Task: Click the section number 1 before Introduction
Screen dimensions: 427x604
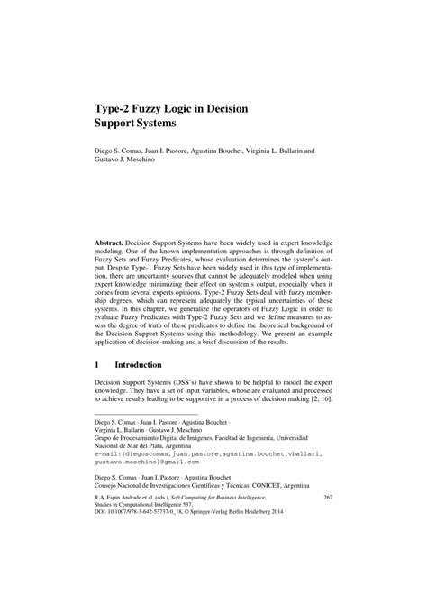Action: point(97,366)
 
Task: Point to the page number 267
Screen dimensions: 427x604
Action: point(328,548)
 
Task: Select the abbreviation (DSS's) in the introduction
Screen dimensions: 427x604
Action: point(201,385)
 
